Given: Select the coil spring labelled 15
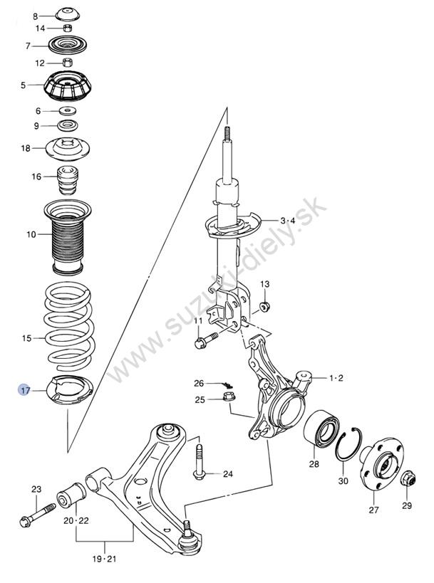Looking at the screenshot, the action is coord(69,327).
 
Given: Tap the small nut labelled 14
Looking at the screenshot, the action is coord(68,28).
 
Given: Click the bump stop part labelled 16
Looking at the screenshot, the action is coord(67,180).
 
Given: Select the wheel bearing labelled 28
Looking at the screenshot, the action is coord(321,428).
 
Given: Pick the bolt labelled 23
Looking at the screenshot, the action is coord(37,514).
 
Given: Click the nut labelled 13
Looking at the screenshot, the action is coord(264,307).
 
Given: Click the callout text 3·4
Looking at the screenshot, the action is coord(288,221).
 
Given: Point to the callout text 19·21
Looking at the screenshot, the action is coord(105,559).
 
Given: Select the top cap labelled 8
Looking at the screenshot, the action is coord(69,15).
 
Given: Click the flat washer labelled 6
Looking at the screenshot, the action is coord(68,110).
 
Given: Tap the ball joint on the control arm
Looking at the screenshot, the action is coord(187,537).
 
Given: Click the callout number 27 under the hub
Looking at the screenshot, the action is coord(373,510).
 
